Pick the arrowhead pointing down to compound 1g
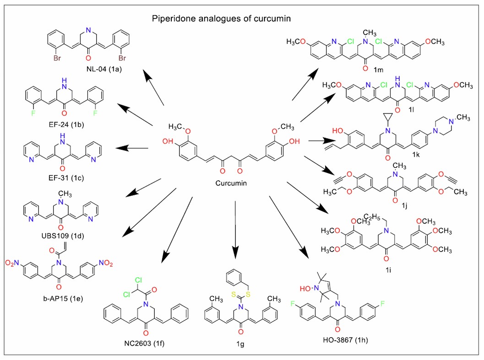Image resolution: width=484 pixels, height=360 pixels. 235,252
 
